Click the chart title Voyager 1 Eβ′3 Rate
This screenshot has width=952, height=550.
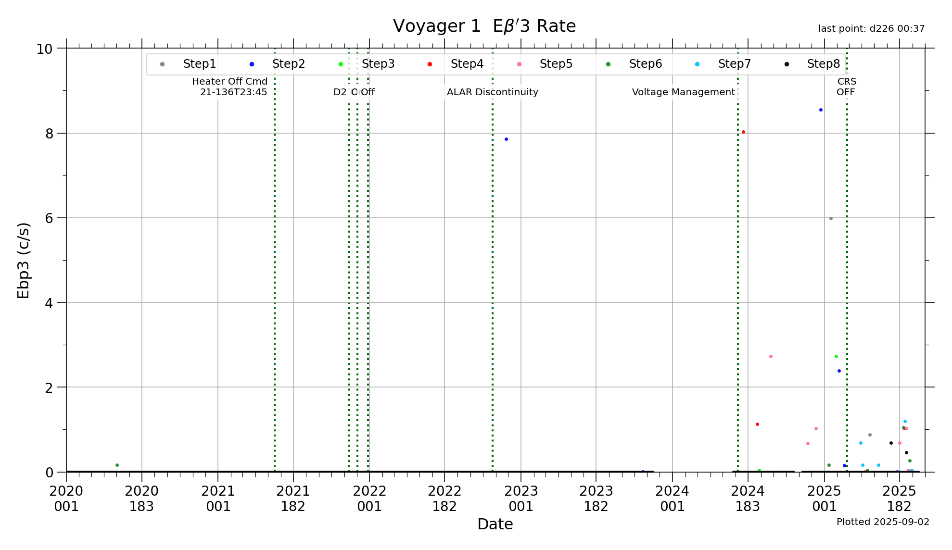pyautogui.click(x=484, y=26)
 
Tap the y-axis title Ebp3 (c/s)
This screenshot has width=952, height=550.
pyautogui.click(x=23, y=260)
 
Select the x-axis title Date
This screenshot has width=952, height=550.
pyautogui.click(x=495, y=524)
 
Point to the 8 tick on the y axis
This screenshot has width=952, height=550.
pyautogui.click(x=50, y=134)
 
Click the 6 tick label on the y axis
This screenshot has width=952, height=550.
pyautogui.click(x=50, y=218)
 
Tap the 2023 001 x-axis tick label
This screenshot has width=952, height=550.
pyautogui.click(x=520, y=499)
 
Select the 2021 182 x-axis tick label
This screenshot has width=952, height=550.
pyautogui.click(x=293, y=499)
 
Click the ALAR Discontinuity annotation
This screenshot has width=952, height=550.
pyautogui.click(x=492, y=92)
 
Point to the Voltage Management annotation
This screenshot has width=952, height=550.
pyautogui.click(x=683, y=92)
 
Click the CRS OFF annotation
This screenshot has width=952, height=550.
pyautogui.click(x=846, y=87)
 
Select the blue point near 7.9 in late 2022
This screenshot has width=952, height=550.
pyautogui.click(x=506, y=139)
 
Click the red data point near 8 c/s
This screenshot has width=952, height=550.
pyautogui.click(x=743, y=132)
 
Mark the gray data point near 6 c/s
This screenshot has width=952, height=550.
pyautogui.click(x=831, y=219)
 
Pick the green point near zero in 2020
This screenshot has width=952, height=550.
pyautogui.click(x=117, y=465)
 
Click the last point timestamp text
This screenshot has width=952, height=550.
pyautogui.click(x=871, y=29)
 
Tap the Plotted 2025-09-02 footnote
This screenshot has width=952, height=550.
pyautogui.click(x=883, y=522)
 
